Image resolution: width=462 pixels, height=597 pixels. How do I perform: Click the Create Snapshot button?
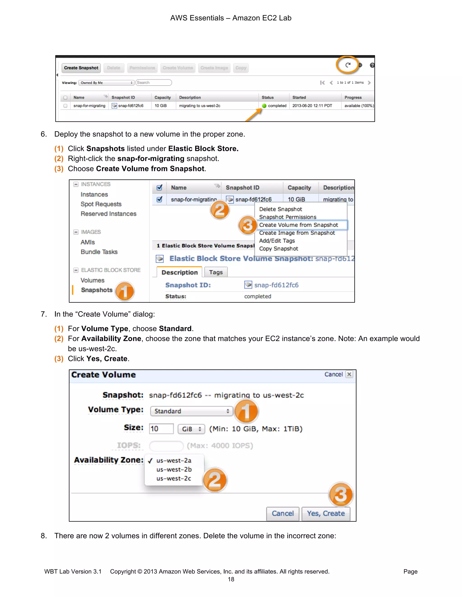81,68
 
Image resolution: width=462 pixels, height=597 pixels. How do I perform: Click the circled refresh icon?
348,65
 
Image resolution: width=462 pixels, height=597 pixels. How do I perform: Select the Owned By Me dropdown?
106,82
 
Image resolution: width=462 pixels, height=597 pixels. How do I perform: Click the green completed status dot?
264,106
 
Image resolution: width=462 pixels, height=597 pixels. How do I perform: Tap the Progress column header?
353,98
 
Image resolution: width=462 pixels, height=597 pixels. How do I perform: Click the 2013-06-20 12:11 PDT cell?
312,106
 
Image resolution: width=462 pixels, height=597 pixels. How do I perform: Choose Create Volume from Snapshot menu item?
298,225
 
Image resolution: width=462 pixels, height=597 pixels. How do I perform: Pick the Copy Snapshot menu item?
278,249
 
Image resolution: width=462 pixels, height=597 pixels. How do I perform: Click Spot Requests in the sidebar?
101,204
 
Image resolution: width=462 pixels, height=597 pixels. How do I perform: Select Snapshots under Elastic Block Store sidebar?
97,290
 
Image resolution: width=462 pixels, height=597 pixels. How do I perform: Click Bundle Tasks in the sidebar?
99,252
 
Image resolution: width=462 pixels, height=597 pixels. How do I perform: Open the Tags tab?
216,272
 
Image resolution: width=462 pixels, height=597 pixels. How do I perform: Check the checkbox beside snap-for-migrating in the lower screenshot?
159,199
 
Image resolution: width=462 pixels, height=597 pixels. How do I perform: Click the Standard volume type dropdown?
191,411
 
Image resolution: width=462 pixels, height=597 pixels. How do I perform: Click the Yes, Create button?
326,514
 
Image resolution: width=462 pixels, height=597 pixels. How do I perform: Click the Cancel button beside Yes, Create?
282,514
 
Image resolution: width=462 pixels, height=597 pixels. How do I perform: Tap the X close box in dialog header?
349,374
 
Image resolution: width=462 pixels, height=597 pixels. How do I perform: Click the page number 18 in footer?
231,579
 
